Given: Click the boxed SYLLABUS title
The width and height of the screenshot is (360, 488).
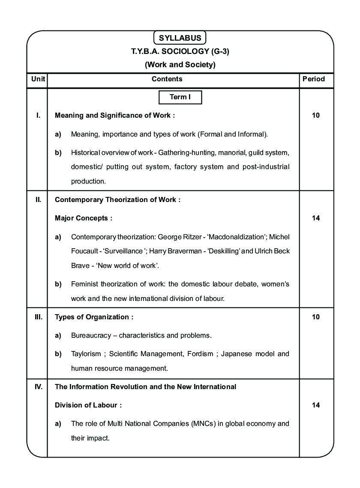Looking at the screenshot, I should pyautogui.click(x=180, y=38).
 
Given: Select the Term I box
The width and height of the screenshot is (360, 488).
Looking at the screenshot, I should pyautogui.click(x=180, y=97).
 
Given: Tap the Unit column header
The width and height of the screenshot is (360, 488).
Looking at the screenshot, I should pyautogui.click(x=38, y=79).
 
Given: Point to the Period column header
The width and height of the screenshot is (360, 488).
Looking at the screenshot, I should pyautogui.click(x=314, y=79).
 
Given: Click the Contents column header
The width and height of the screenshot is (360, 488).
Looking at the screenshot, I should pyautogui.click(x=167, y=79).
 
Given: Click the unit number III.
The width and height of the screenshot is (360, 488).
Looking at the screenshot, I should pyautogui.click(x=38, y=317).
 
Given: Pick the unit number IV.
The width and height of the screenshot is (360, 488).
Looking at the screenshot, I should pyautogui.click(x=38, y=387).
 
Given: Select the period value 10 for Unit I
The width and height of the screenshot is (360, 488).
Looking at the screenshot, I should pyautogui.click(x=316, y=115).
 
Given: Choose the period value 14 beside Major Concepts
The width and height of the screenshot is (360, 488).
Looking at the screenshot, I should pyautogui.click(x=316, y=218).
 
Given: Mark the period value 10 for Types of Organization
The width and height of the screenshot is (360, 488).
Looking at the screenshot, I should pyautogui.click(x=316, y=317).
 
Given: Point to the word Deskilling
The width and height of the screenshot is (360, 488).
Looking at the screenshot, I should pyautogui.click(x=224, y=251).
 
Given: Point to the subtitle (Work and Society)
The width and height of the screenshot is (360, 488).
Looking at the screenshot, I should pyautogui.click(x=180, y=65).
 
